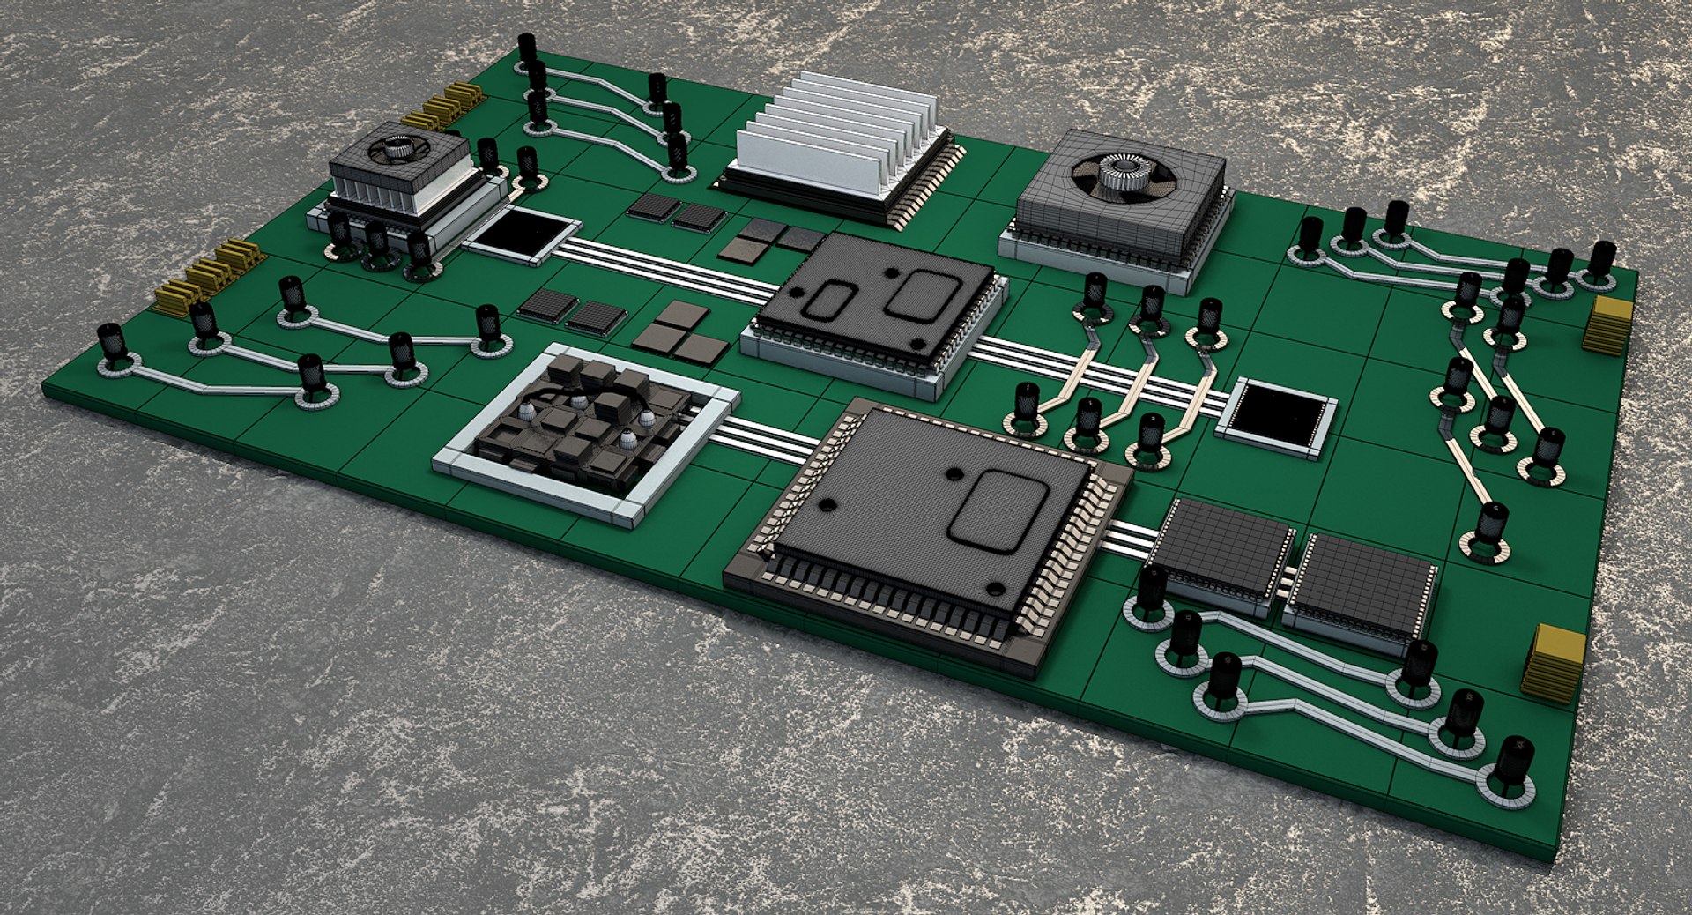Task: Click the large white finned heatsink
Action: click(x=837, y=141)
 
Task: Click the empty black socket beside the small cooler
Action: click(x=520, y=234)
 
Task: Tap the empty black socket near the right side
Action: click(x=1276, y=416)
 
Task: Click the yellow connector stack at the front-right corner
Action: click(x=1555, y=663)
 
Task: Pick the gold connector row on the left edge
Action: click(x=208, y=275)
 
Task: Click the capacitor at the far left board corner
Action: click(x=111, y=344)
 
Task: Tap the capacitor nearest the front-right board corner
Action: click(x=1513, y=763)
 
